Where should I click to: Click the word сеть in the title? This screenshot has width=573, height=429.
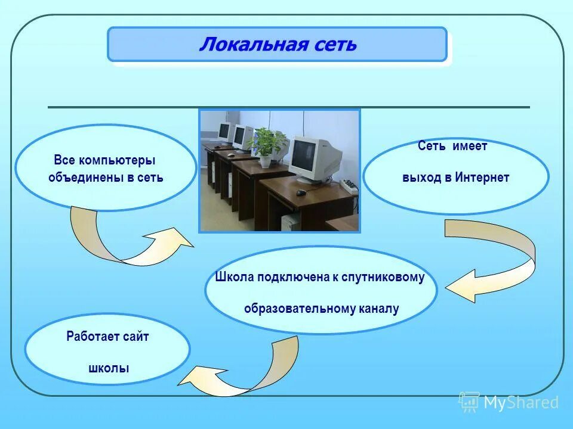332,45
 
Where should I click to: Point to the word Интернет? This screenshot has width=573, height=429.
482,178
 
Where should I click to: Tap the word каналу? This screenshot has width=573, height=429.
379,309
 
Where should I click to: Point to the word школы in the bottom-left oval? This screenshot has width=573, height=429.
108,368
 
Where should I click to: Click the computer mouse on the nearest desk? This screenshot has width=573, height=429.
301,192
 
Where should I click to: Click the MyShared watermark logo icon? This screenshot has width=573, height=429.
469,402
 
